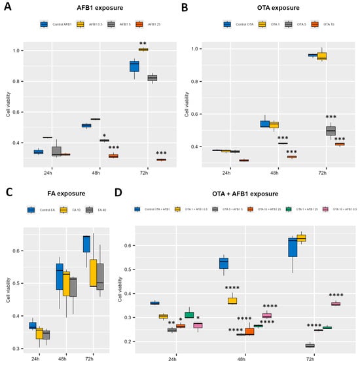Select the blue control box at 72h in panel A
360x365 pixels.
134,66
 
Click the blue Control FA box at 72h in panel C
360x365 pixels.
86,243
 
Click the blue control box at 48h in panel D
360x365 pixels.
223,263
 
